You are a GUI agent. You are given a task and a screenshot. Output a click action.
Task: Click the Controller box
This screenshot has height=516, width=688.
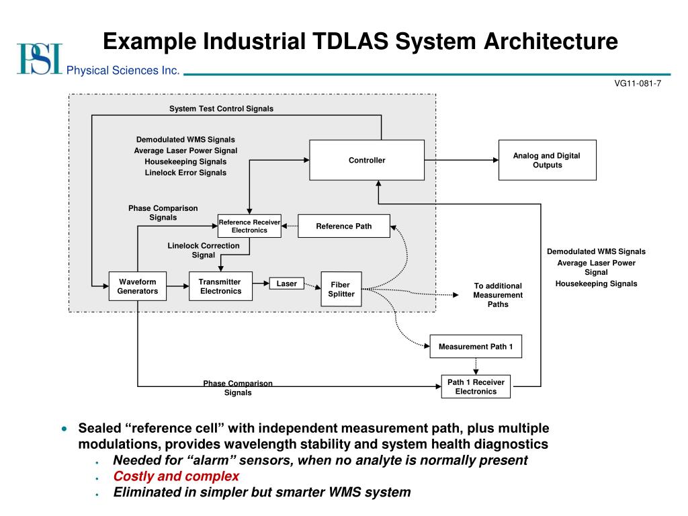point(367,160)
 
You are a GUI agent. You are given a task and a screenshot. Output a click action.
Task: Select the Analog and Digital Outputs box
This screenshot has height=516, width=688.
point(547,160)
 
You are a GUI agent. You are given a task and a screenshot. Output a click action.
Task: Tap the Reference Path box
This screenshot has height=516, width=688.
point(344,226)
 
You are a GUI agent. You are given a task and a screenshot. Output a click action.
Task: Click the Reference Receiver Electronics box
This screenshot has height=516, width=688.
point(249,226)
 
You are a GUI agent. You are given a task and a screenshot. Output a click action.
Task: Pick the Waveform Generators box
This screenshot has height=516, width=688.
point(138,286)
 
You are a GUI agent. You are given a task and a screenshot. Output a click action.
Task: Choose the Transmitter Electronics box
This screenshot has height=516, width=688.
point(220,286)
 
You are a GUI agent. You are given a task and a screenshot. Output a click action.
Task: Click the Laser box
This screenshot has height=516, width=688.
point(287,284)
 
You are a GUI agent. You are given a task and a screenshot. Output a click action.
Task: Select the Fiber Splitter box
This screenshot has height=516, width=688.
point(341,290)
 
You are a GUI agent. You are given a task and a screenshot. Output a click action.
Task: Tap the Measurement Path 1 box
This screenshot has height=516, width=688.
point(476,347)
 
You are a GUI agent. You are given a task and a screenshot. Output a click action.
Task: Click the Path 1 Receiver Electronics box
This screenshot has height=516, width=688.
point(476,386)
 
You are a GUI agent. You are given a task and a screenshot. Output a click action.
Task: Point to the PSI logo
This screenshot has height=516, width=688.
point(39,58)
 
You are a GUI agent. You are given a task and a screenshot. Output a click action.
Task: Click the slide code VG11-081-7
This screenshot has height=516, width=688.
point(638,83)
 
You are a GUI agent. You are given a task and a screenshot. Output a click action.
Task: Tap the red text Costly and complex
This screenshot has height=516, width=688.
point(176,476)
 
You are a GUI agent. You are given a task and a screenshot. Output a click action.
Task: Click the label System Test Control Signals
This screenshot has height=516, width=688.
point(221,109)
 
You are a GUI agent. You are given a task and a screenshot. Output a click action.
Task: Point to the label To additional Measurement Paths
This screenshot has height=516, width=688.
point(498,295)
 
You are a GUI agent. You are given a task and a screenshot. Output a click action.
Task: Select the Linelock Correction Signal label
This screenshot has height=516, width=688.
point(204,250)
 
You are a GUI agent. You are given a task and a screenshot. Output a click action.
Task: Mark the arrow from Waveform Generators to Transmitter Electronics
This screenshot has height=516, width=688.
point(178,286)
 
